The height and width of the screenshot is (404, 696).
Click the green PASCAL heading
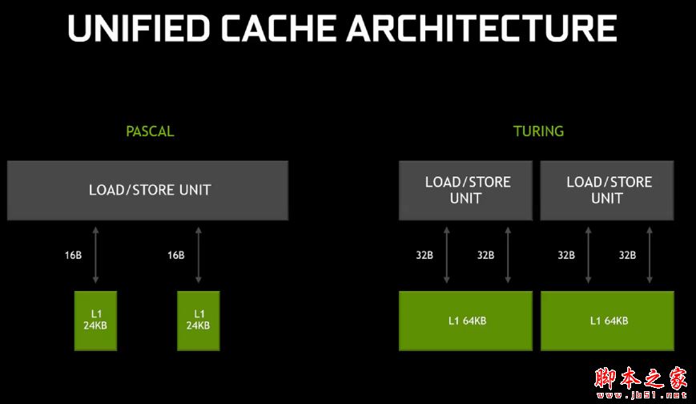coord(150,131)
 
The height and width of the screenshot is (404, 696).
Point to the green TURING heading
coord(538,131)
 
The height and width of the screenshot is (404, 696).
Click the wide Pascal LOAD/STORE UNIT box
coord(147,190)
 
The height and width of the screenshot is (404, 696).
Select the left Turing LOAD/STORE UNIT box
coord(465,190)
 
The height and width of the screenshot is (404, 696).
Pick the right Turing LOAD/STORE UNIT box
coord(607,190)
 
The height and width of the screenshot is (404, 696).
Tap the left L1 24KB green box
coord(97,320)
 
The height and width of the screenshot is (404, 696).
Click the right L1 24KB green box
coord(199,320)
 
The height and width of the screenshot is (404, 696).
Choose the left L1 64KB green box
coord(465,321)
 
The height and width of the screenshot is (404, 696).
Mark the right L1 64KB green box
coord(608,321)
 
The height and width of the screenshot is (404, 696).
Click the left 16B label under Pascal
coord(74,255)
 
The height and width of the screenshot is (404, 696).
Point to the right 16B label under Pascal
coord(175,255)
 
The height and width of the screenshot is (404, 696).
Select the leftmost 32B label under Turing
coord(424,255)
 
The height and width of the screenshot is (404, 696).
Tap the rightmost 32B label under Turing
coord(627,255)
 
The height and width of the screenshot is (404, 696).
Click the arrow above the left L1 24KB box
coord(96,255)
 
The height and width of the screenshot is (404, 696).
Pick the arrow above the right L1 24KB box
coord(198,255)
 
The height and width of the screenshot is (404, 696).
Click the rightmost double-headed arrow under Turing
coord(650,255)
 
